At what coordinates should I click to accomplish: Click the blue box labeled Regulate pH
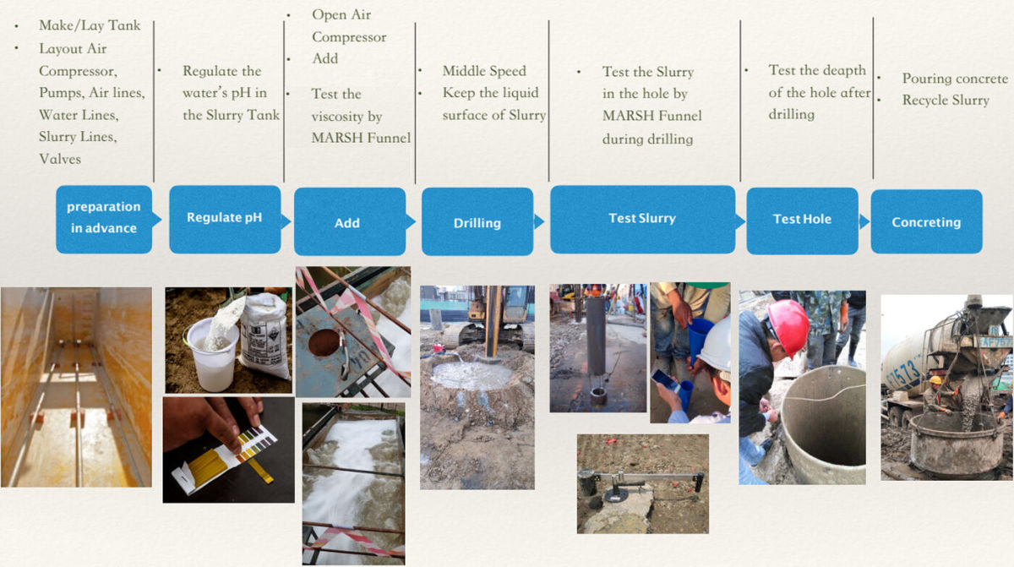(x=225, y=219)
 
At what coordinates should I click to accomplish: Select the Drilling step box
(x=477, y=221)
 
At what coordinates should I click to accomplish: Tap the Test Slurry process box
(x=642, y=219)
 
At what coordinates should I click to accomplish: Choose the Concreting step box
(x=926, y=221)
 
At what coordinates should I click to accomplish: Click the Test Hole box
(x=802, y=221)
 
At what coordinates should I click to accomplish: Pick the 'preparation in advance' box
(x=104, y=219)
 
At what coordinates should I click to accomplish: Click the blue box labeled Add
(x=350, y=221)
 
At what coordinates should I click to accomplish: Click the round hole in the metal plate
(x=324, y=342)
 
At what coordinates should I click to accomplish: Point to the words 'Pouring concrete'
(x=955, y=79)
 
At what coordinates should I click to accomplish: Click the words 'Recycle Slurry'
(x=946, y=100)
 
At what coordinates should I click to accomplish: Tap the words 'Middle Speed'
(x=484, y=71)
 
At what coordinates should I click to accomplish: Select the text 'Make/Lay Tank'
(x=90, y=25)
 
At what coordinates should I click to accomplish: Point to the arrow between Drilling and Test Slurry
(x=539, y=221)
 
